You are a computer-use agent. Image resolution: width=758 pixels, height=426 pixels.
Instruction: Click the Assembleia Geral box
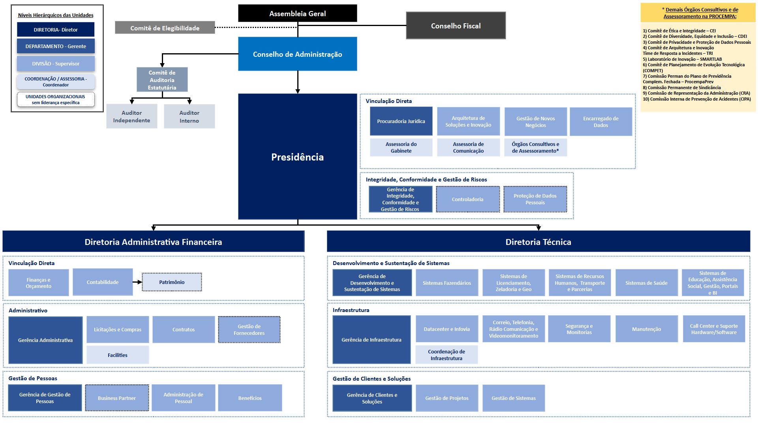click(297, 13)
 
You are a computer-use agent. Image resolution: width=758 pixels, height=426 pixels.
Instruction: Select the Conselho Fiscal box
click(456, 26)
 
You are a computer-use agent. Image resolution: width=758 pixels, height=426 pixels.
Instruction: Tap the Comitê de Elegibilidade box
click(165, 28)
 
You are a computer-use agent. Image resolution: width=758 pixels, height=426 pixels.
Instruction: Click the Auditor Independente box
click(131, 116)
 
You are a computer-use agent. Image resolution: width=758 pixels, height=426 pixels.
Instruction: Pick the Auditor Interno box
click(189, 116)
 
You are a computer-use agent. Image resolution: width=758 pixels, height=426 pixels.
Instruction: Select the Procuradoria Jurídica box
click(401, 121)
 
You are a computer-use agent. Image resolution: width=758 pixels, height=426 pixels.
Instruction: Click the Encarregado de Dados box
click(600, 121)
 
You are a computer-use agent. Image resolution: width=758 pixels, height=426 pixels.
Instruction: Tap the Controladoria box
click(467, 199)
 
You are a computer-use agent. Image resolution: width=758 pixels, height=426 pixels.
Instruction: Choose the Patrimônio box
click(172, 282)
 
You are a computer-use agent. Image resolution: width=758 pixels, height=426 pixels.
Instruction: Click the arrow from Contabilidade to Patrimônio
click(137, 282)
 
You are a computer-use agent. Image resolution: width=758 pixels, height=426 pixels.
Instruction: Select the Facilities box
click(118, 355)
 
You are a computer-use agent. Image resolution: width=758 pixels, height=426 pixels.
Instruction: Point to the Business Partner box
click(117, 398)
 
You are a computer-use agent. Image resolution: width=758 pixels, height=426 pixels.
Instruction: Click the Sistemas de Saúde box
click(646, 283)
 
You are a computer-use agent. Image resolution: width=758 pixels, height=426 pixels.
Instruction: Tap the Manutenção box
click(646, 329)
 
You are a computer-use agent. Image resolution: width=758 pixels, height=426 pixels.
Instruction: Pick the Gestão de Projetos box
click(447, 398)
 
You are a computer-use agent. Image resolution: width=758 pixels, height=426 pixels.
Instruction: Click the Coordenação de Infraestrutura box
click(446, 355)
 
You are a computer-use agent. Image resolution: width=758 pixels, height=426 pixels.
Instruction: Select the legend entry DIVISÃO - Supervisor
click(56, 64)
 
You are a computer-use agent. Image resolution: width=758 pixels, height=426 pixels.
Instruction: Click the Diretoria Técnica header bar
click(538, 242)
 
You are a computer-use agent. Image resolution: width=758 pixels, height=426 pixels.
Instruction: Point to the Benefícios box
click(250, 398)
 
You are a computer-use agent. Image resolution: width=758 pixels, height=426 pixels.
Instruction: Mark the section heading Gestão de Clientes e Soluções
click(371, 379)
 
